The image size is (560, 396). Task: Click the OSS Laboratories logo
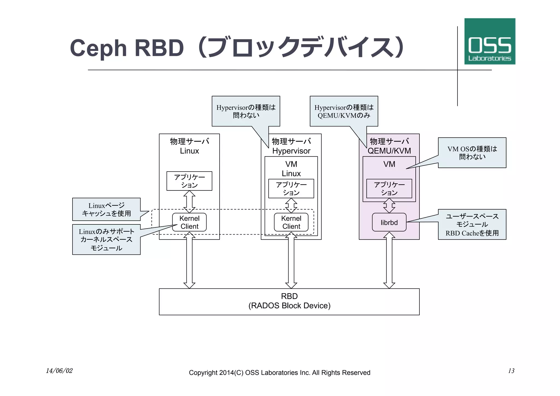[x=489, y=41]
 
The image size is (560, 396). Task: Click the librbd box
[x=389, y=222]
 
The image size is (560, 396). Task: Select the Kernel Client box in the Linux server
[x=189, y=222]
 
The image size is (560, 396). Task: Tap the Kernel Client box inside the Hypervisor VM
[x=291, y=222]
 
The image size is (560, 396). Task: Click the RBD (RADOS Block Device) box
[x=289, y=301]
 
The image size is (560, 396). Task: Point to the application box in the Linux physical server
[x=189, y=181]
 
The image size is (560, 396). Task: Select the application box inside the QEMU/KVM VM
[x=389, y=188]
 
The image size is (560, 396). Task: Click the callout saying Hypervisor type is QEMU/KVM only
[x=344, y=111]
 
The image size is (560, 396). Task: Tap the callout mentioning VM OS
[x=472, y=152]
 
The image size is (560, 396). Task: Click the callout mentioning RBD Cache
[x=472, y=224]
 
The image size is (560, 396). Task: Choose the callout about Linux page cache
[x=106, y=209]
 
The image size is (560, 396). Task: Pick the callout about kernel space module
[x=106, y=239]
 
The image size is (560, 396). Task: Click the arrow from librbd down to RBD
[x=389, y=260]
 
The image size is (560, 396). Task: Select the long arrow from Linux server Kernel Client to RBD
[x=189, y=260]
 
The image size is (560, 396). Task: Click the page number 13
[x=511, y=371]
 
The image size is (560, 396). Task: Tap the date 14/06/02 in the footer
[x=59, y=371]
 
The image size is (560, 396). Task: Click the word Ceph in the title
[x=98, y=48]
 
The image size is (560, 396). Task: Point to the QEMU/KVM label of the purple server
[x=389, y=151]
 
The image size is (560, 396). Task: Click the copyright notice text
[x=279, y=372]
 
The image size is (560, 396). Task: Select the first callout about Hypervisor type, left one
[x=246, y=111]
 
